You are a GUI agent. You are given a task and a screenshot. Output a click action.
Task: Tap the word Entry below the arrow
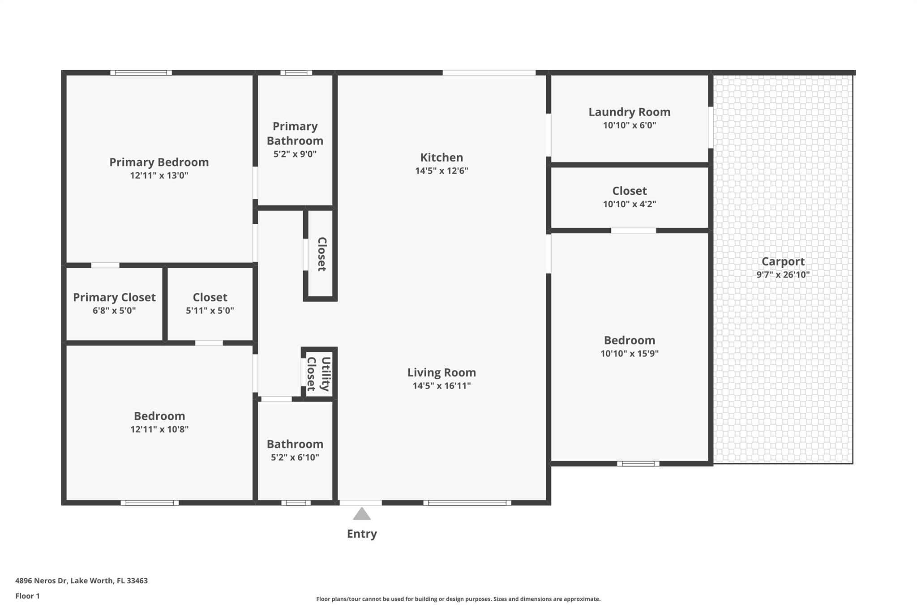[362, 534]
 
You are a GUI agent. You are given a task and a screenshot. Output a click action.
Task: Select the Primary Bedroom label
[159, 162]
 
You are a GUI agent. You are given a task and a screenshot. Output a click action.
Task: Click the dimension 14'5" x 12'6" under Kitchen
[441, 171]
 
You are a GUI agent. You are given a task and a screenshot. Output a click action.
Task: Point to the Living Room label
[441, 372]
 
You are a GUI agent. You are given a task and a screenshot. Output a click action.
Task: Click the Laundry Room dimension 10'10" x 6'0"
[629, 125]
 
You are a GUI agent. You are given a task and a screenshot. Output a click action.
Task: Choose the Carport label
[783, 261]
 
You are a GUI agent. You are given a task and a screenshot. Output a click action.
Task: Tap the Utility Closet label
[319, 374]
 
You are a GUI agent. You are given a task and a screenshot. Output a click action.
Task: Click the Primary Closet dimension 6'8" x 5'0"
[114, 311]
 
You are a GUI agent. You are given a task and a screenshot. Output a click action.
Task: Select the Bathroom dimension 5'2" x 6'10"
[295, 457]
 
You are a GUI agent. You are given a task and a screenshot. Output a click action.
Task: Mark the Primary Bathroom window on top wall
[296, 73]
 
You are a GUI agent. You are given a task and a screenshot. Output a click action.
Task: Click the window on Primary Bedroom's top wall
[141, 73]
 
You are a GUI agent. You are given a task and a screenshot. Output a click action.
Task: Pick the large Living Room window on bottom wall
[467, 503]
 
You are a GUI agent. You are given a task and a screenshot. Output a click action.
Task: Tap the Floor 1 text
[27, 596]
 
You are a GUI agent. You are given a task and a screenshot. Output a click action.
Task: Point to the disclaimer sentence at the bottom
[458, 599]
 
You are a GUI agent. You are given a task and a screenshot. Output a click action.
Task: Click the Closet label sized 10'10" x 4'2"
[629, 191]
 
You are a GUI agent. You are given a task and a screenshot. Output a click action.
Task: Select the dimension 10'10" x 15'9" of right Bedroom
[629, 354]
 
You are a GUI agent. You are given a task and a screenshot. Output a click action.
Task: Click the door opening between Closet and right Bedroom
[633, 231]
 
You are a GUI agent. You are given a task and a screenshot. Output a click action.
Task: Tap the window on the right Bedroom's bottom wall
[638, 464]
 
